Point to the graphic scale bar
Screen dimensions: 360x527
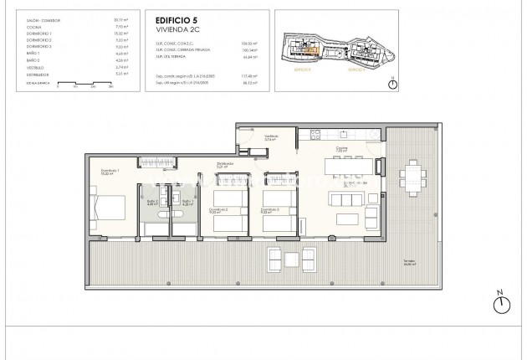[84, 85]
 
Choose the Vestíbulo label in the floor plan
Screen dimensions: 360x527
[272, 136]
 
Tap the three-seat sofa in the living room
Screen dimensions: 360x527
[345, 199]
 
